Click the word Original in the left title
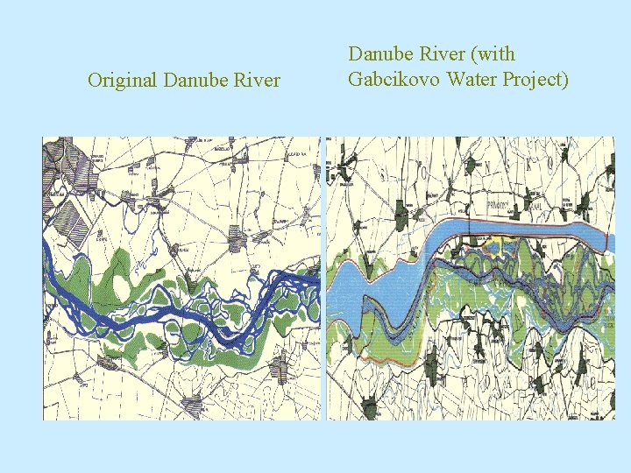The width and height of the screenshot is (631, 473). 119,81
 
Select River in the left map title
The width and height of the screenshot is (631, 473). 255,81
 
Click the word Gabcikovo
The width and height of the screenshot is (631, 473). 393,80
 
